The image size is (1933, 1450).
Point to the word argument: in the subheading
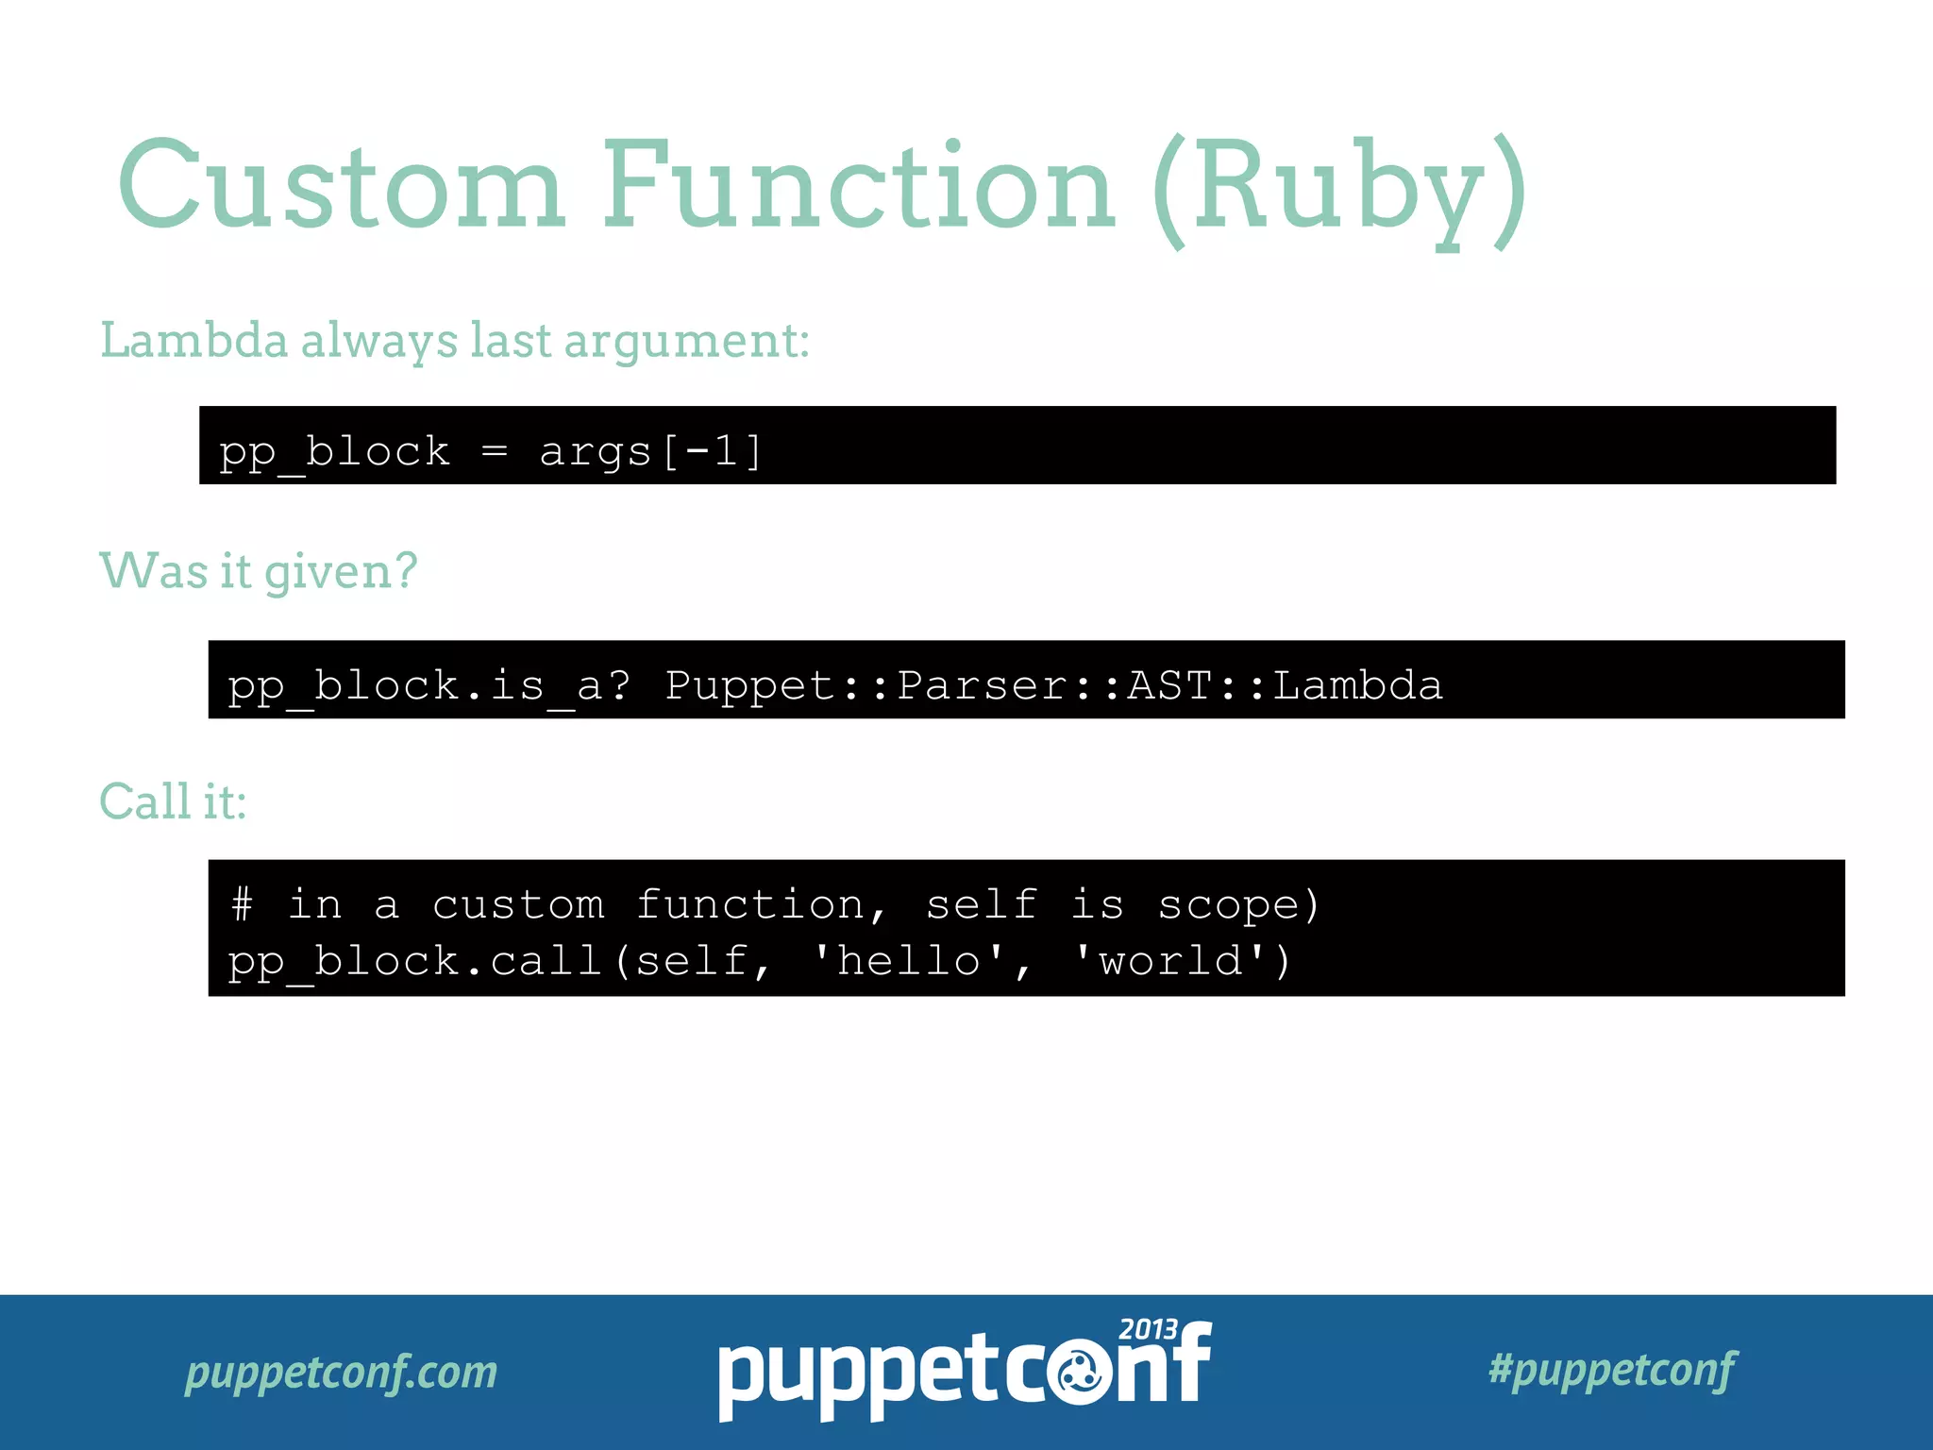coord(686,342)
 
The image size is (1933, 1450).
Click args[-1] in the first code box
coord(650,451)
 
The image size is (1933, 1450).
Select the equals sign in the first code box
coord(495,451)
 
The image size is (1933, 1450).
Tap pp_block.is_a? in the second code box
coord(429,685)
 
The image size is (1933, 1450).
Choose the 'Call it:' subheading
coord(173,801)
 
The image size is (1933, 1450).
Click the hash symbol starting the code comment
coord(243,904)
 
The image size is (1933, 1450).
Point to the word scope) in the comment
coord(1238,904)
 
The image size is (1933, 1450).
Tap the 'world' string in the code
coord(1171,961)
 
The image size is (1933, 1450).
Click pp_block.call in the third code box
coord(415,961)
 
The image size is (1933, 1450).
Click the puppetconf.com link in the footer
coord(341,1372)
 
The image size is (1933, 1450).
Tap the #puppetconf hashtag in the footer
coord(1612,1370)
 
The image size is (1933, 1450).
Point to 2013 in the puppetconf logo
coord(1148,1329)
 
